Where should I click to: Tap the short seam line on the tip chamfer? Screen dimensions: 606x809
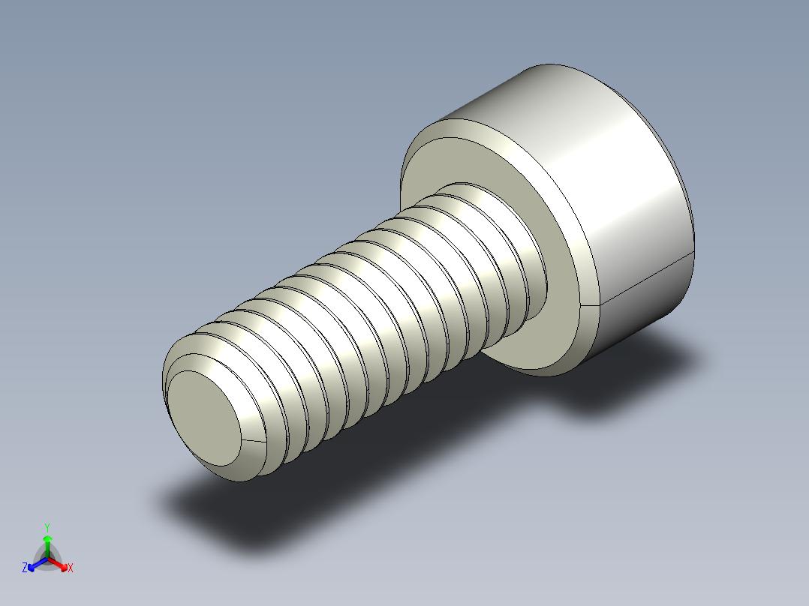coord(254,439)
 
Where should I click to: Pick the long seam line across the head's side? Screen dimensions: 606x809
coord(645,281)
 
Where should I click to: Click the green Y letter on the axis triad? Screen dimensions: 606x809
coord(47,526)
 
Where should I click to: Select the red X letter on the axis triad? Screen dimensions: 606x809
coord(70,568)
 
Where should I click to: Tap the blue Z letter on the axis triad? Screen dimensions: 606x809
coord(25,568)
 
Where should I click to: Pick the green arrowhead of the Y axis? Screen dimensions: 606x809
coord(47,539)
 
